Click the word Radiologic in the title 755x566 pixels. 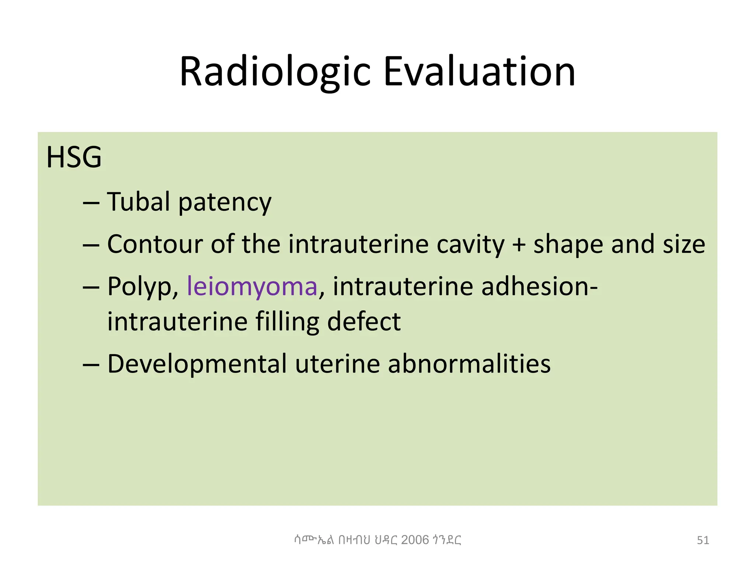click(x=275, y=72)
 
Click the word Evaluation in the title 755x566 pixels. click(x=479, y=72)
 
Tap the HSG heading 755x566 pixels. click(x=74, y=158)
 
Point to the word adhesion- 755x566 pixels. click(x=539, y=286)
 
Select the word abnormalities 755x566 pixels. click(x=469, y=364)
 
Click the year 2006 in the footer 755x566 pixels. click(x=415, y=540)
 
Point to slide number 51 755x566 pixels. click(x=703, y=541)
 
